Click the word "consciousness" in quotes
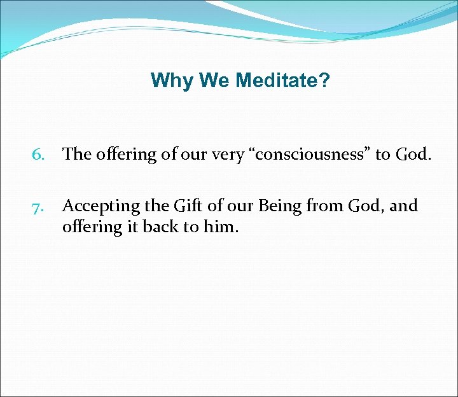click(309, 155)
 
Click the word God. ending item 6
click(413, 155)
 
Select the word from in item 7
click(313, 206)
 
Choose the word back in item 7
click(157, 227)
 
